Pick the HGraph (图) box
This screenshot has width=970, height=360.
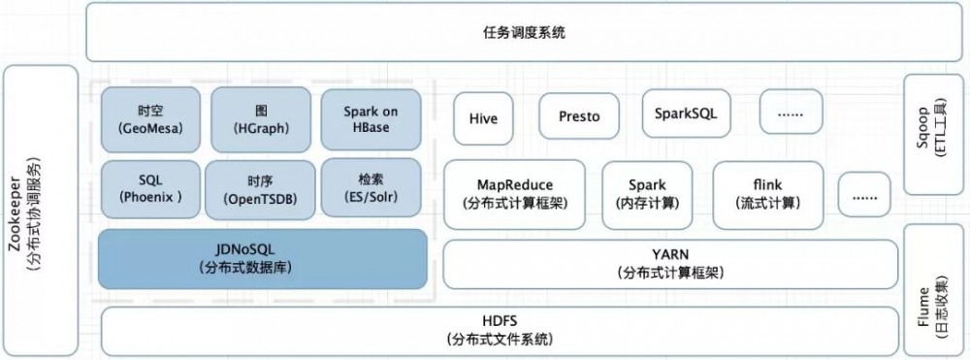tap(258, 118)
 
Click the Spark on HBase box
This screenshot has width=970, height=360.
tap(371, 118)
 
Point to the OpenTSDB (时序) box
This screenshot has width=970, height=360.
tap(259, 189)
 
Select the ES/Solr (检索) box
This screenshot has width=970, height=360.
tap(371, 189)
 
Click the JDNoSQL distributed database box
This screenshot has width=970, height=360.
tap(263, 258)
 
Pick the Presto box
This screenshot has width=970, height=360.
tap(579, 116)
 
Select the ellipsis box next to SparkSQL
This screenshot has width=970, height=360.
tap(791, 114)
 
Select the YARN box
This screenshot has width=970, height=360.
tap(669, 264)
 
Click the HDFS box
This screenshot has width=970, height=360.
tap(501, 330)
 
